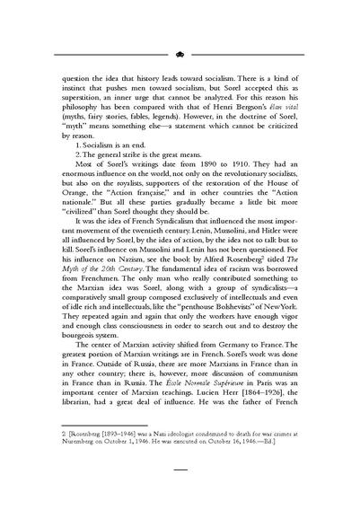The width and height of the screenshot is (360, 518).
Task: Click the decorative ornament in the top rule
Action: click(x=180, y=53)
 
